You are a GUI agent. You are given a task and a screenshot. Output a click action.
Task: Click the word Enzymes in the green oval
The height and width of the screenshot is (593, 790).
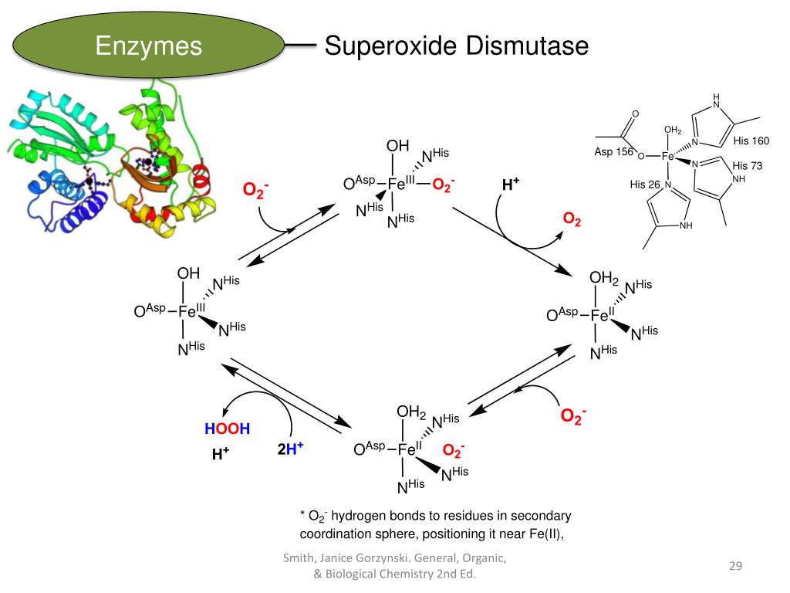pyautogui.click(x=149, y=46)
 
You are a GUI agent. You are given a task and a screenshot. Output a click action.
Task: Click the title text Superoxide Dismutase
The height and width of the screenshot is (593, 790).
pyautogui.click(x=456, y=46)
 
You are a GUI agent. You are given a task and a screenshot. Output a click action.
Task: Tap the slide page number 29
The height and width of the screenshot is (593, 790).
pyautogui.click(x=735, y=568)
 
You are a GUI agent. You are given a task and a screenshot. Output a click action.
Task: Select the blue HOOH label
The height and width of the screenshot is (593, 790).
pyautogui.click(x=227, y=429)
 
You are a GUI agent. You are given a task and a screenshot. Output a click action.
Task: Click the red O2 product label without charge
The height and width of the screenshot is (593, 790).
pyautogui.click(x=572, y=220)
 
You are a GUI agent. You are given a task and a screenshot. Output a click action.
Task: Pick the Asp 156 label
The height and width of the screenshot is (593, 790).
pyautogui.click(x=613, y=152)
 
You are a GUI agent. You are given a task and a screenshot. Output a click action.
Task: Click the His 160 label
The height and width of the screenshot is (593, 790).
pyautogui.click(x=751, y=141)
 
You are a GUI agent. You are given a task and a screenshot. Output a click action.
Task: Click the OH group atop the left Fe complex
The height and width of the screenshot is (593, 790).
pyautogui.click(x=188, y=273)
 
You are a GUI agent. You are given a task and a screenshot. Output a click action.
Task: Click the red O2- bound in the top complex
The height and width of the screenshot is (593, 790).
pyautogui.click(x=443, y=185)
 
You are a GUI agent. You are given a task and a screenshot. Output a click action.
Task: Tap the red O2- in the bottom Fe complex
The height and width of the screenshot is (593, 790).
pyautogui.click(x=454, y=450)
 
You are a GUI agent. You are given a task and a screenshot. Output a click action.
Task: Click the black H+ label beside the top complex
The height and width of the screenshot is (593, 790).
pyautogui.click(x=511, y=185)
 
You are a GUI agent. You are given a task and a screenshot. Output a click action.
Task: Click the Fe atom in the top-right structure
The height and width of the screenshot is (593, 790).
pyautogui.click(x=668, y=156)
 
